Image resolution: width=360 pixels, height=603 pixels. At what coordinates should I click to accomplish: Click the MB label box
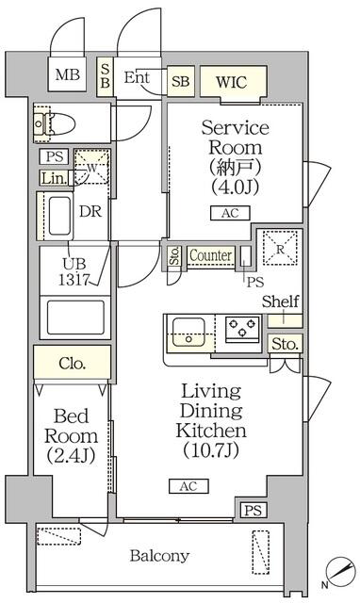[67, 75]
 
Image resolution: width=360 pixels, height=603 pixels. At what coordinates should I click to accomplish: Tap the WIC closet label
[230, 81]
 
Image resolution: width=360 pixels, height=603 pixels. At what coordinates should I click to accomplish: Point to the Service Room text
[236, 138]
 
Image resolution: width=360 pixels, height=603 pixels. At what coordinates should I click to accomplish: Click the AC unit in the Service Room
[230, 213]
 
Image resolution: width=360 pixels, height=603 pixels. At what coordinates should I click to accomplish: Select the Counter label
[210, 255]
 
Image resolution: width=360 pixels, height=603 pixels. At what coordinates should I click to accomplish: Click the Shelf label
[281, 301]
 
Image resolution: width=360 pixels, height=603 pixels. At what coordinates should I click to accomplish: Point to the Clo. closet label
[72, 360]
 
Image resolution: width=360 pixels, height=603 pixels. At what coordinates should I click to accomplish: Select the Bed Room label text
[72, 425]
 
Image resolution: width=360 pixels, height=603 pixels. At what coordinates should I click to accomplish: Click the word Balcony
[159, 555]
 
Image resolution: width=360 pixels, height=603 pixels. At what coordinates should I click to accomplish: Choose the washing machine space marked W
[91, 168]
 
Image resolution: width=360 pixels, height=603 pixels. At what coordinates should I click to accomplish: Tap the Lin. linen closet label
[53, 177]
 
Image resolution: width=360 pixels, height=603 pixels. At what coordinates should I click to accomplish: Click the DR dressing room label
[90, 211]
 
